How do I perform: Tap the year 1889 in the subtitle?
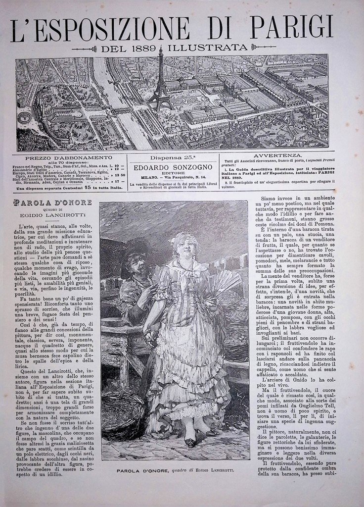pyautogui.click(x=143, y=48)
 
